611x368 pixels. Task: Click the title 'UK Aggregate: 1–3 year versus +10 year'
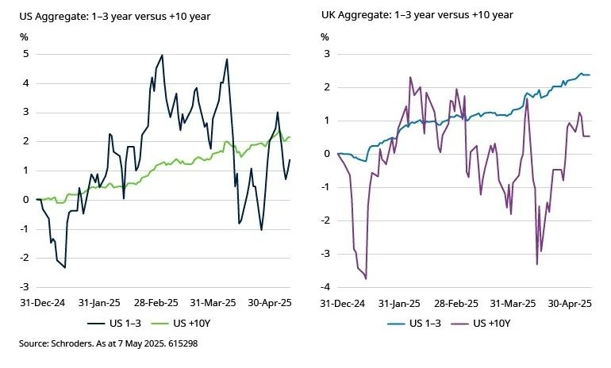coord(417,15)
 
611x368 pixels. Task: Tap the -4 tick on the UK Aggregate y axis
coord(325,286)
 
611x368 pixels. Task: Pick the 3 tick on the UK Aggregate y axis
coord(326,54)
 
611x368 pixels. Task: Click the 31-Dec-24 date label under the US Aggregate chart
coord(37,302)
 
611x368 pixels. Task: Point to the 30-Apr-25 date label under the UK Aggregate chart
coord(574,302)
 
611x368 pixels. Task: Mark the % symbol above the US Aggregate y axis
coord(24,36)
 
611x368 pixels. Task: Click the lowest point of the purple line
coord(366,278)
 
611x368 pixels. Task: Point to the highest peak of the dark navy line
coord(162,56)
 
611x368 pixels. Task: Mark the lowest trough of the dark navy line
coord(64,267)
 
